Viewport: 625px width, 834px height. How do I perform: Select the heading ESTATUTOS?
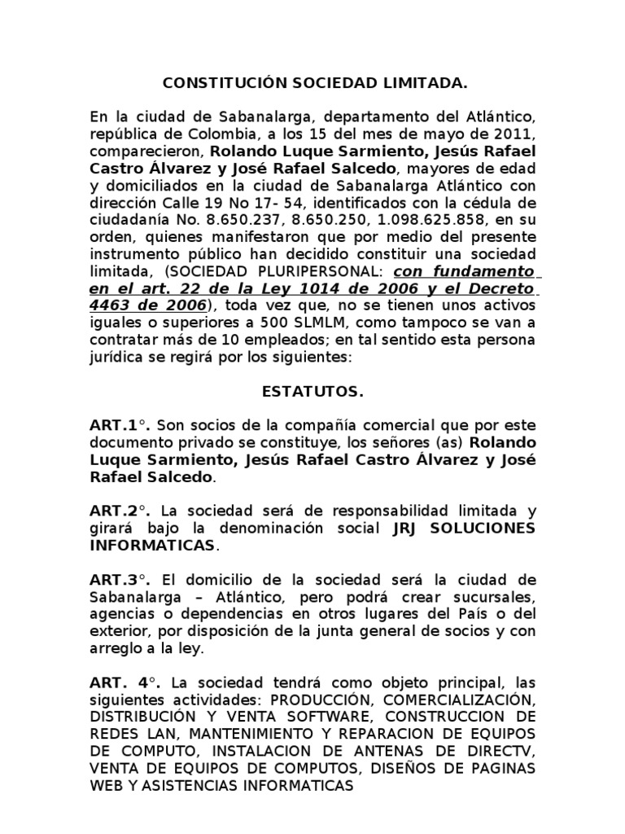click(x=312, y=392)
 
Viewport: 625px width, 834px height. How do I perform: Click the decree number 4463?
click(x=112, y=306)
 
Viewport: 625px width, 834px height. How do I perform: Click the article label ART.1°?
click(x=120, y=426)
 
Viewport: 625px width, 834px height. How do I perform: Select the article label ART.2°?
click(x=120, y=511)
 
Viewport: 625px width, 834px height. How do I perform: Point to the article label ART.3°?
click(x=120, y=580)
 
